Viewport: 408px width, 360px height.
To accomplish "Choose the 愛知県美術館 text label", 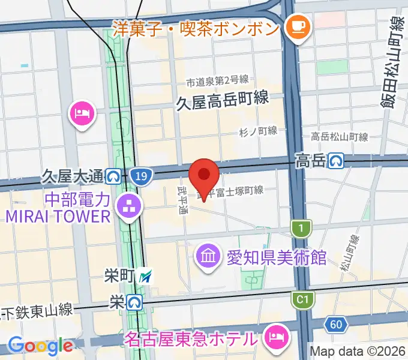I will coord(276,259).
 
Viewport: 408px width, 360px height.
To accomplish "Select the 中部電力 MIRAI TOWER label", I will coord(60,207).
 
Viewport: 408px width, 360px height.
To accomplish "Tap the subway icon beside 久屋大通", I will coord(112,176).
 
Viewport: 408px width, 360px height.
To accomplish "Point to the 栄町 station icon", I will coord(145,277).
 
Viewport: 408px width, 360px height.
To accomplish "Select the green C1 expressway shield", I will coord(302,298).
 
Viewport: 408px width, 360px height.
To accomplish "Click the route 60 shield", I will coord(336,325).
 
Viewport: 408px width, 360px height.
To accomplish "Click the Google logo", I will coord(40,346).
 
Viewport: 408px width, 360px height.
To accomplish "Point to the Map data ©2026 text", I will coord(356,351).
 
